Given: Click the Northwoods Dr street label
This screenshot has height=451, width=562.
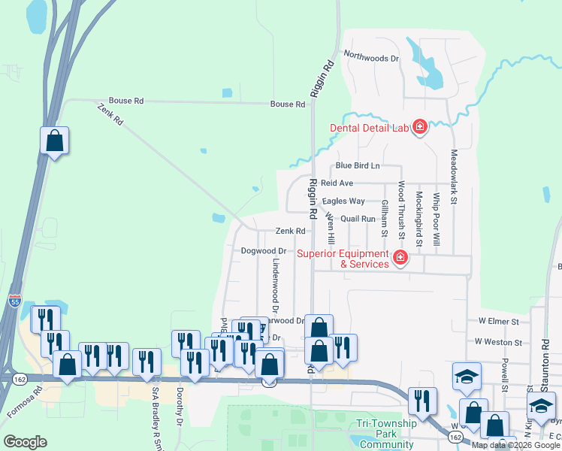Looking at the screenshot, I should [x=371, y=56].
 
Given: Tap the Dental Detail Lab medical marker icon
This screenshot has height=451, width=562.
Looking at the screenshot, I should [x=419, y=127].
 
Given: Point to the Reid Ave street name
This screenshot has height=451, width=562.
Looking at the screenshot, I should [x=337, y=183].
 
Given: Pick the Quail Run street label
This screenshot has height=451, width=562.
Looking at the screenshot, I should [x=358, y=219].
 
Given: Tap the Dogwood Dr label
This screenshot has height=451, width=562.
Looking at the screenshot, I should [x=264, y=250].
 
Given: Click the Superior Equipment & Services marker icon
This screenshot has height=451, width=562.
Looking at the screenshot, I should [x=400, y=259].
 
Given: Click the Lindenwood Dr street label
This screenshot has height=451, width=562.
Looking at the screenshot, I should [x=276, y=286].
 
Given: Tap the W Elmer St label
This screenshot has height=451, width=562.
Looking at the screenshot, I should [x=498, y=321].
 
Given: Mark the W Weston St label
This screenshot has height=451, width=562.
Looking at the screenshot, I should [x=497, y=342].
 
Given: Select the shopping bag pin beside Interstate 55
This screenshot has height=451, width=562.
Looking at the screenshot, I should [x=54, y=141].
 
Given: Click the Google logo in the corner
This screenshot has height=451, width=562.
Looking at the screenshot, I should [x=25, y=441].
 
